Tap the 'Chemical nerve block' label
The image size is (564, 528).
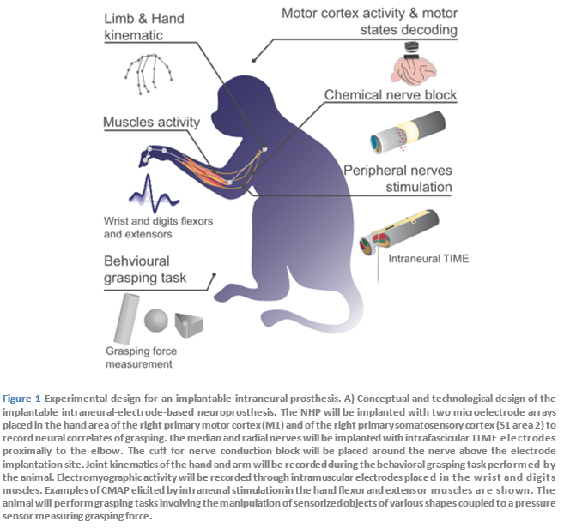tap(390, 94)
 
